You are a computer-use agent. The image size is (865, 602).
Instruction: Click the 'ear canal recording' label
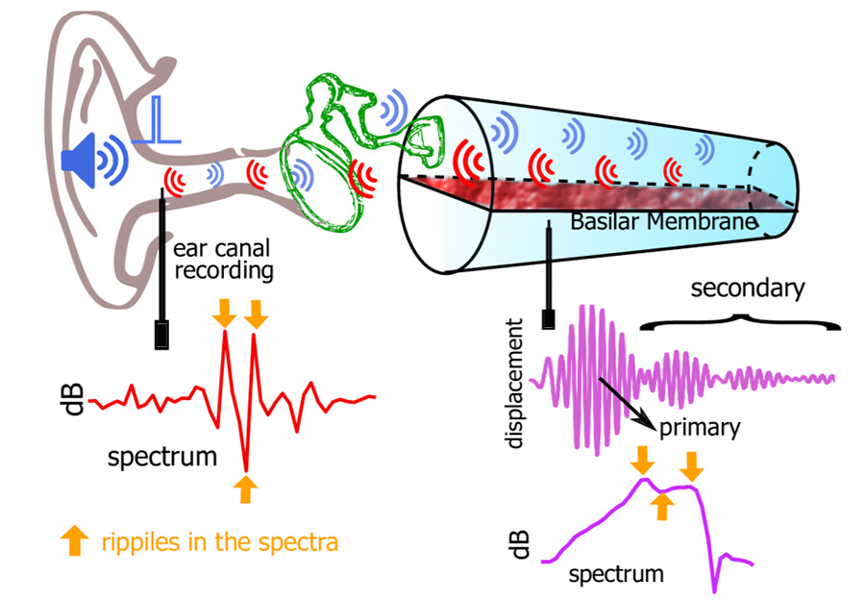pos(224,259)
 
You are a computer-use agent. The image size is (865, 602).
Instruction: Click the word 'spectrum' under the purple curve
pos(616,575)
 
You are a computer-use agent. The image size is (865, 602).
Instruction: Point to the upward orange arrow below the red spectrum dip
pos(246,488)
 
